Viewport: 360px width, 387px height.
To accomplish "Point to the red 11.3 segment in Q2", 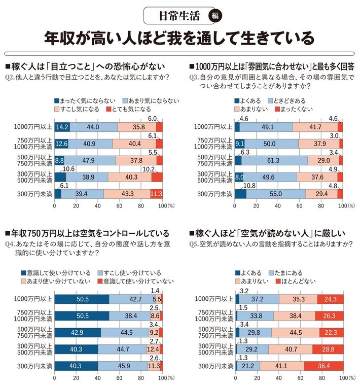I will (156, 194).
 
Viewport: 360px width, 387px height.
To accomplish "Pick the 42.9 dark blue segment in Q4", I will (78, 333).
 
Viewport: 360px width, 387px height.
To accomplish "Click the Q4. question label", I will (10, 244).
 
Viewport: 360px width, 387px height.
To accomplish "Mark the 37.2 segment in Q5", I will (258, 300).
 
